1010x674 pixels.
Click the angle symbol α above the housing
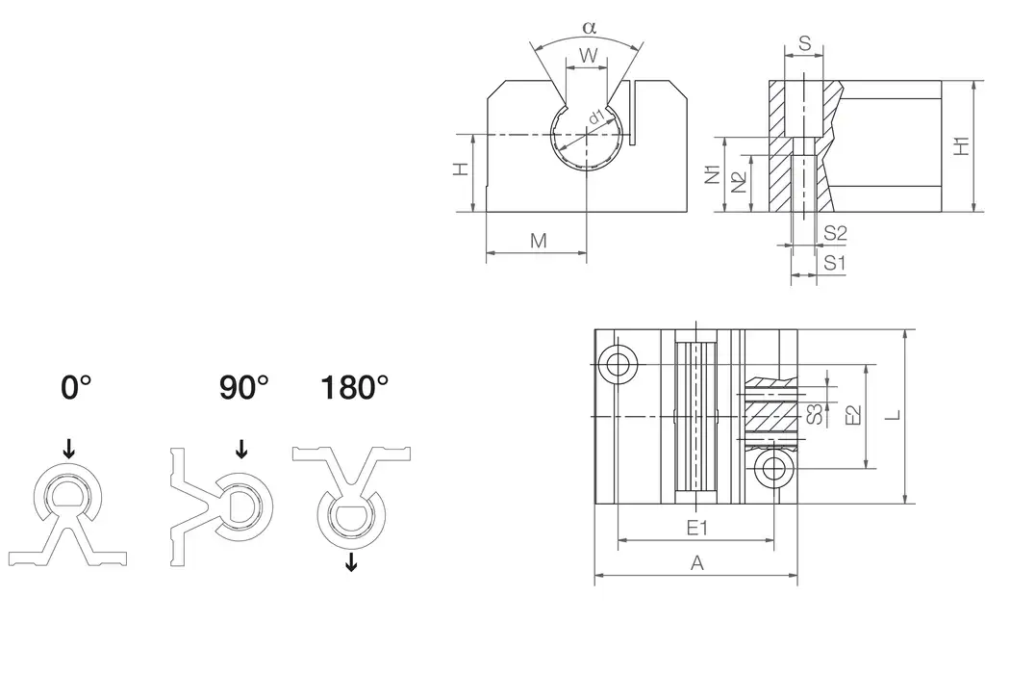[590, 27]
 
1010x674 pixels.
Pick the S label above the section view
[804, 43]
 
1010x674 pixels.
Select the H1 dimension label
[961, 145]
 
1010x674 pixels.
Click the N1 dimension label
[713, 174]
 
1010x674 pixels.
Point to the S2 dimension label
[835, 232]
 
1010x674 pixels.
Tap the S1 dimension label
[835, 261]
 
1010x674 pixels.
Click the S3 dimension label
[813, 415]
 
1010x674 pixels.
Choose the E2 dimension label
[851, 416]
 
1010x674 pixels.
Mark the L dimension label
[892, 415]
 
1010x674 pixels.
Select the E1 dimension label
[696, 528]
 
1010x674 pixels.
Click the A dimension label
[697, 564]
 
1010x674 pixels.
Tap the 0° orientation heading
[76, 388]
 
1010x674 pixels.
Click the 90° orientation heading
[243, 388]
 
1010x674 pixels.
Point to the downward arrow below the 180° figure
[351, 561]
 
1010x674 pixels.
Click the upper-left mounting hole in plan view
[617, 364]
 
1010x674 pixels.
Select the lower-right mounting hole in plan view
[772, 469]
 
